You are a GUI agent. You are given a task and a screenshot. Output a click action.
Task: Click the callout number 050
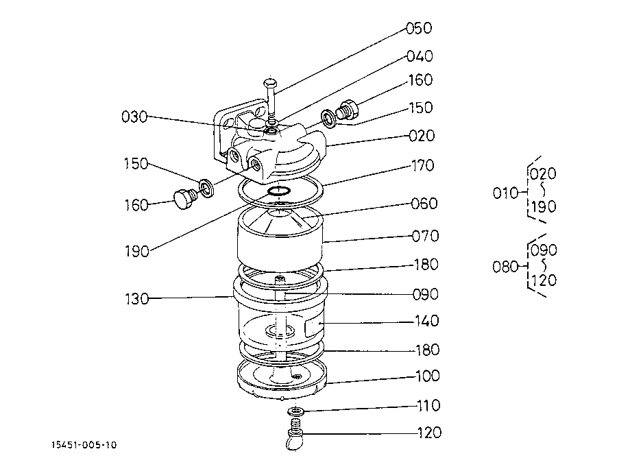pos(419,28)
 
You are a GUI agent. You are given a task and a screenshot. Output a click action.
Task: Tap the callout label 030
pos(134,117)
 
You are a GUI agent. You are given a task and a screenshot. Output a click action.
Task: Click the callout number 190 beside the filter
pos(137,251)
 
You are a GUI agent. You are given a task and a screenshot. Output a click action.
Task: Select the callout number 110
pos(428,406)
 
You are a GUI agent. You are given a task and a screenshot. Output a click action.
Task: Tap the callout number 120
pos(428,433)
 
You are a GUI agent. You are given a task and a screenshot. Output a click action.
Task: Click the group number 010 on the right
pos(506,193)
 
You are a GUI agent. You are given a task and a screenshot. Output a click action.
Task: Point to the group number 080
pos(506,266)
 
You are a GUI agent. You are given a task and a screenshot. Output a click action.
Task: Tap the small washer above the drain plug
pos(297,411)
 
